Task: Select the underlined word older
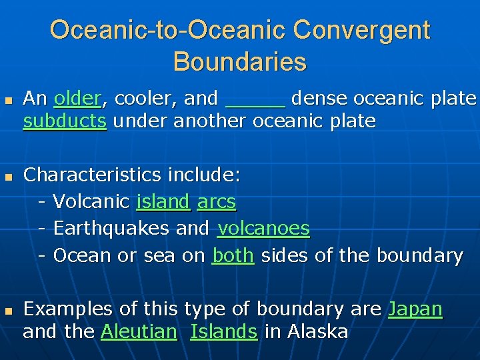[x=77, y=99]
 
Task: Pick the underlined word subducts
[x=65, y=122]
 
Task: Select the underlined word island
[x=163, y=202]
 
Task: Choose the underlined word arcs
[x=217, y=202]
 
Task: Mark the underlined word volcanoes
[x=263, y=229]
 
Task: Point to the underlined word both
[x=233, y=255]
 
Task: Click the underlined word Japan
[x=415, y=309]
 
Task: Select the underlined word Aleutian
[x=139, y=332]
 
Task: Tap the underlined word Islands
[x=224, y=332]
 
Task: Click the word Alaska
[x=317, y=332]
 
